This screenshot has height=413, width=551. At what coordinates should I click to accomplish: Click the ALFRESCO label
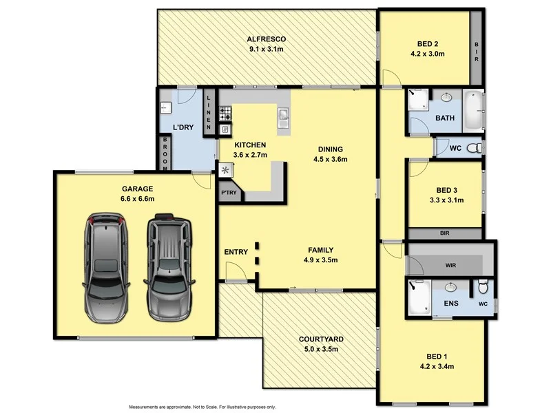(x=267, y=39)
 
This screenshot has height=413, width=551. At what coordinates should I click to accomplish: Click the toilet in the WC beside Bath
(x=473, y=148)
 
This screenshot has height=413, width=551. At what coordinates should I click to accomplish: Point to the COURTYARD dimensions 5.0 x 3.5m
(x=321, y=349)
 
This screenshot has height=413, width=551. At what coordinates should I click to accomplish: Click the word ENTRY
(x=236, y=252)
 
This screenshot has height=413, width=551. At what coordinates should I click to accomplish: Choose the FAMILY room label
(x=321, y=250)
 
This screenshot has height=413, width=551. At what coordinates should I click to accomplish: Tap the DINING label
(x=330, y=149)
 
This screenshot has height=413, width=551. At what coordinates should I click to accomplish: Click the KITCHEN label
(x=250, y=145)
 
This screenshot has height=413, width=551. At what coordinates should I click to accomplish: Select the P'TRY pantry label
(x=229, y=193)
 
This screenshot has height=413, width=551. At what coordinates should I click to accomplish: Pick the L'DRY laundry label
(x=183, y=127)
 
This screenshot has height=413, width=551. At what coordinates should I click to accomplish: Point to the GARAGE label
(x=138, y=189)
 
